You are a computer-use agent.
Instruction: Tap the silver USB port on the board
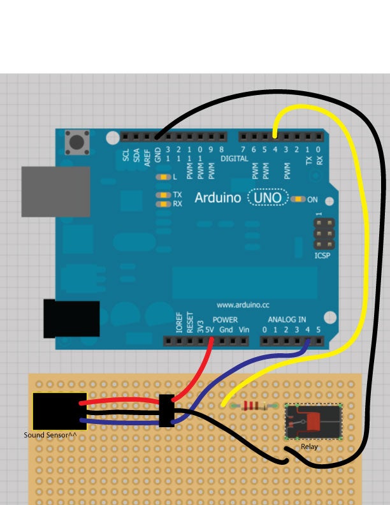55,192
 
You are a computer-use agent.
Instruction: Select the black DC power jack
71,319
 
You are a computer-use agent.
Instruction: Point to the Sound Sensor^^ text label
50,435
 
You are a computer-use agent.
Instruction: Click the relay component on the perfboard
313,421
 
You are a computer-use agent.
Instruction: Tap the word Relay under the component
309,447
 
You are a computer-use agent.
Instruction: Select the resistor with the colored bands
253,406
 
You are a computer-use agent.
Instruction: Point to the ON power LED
298,200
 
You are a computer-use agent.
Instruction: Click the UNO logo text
268,198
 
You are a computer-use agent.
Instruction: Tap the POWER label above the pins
225,319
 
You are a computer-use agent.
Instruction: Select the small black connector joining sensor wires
166,411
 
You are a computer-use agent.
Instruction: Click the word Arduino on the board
217,198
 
